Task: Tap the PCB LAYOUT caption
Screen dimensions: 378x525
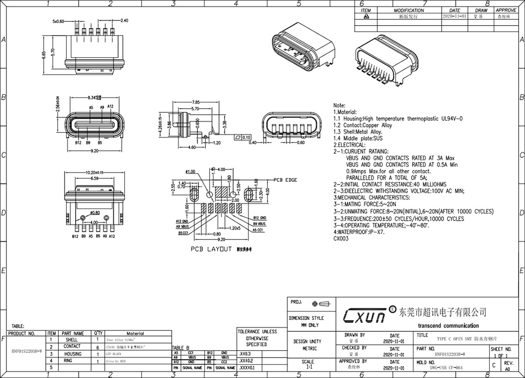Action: tap(211, 250)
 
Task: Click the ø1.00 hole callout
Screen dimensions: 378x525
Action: tap(190, 171)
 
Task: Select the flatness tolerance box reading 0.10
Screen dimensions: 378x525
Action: tap(244, 137)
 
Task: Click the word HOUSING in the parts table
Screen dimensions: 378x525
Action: tap(72, 354)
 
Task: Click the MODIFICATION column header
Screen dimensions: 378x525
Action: tap(409, 10)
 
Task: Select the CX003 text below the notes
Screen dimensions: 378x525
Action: tap(341, 239)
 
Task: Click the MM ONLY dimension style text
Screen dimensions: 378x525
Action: tap(307, 325)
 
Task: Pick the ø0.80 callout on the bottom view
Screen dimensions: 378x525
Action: tap(95, 212)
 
